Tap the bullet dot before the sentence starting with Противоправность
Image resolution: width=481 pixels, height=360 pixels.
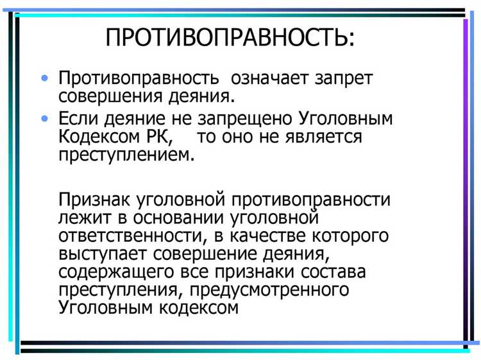click(44, 78)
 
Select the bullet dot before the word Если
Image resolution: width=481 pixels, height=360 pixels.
click(44, 118)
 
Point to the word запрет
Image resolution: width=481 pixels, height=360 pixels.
click(344, 79)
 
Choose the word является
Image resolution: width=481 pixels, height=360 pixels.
click(326, 137)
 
